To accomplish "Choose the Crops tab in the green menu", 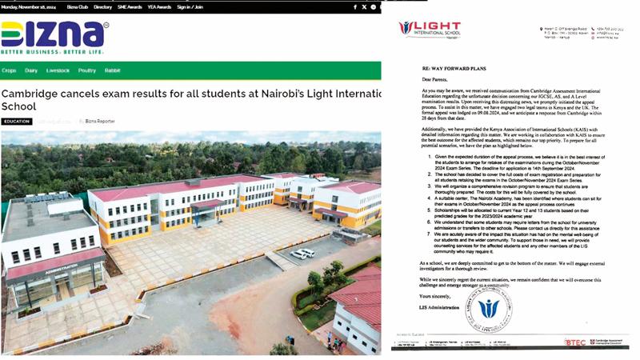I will tap(9, 70).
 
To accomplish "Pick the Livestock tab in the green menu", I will tap(58, 70).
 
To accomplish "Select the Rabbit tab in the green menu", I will tap(112, 70).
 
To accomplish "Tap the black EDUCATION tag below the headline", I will tap(16, 122).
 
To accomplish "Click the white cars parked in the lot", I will tap(302, 254).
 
